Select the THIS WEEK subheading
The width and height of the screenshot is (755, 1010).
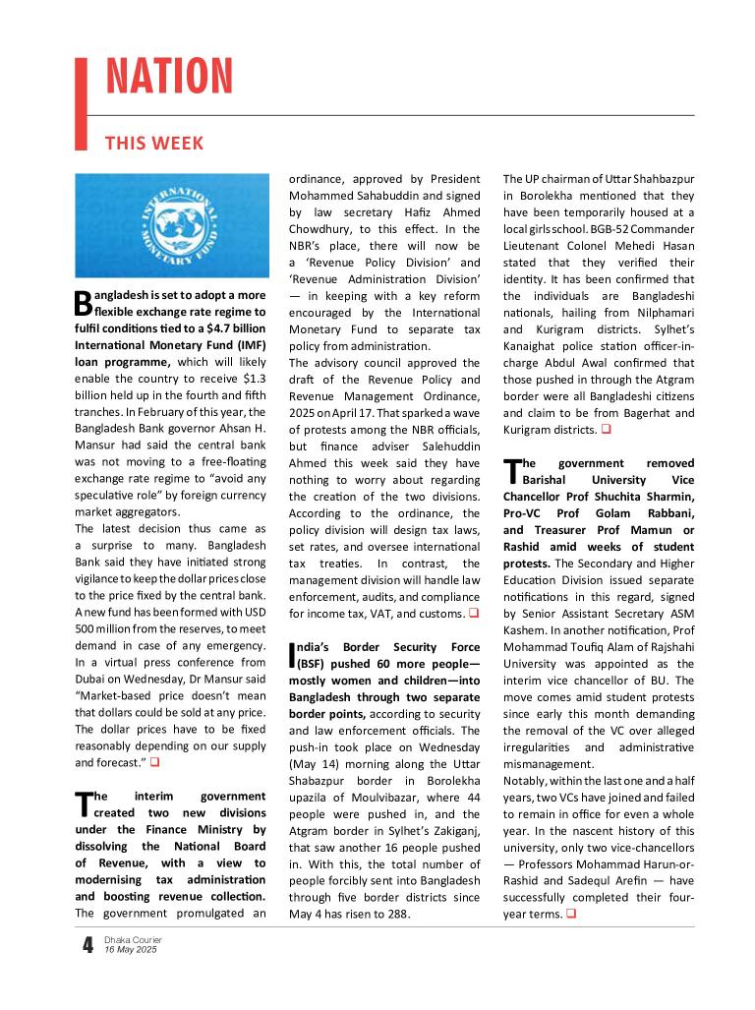(x=154, y=144)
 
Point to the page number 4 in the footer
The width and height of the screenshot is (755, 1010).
(x=87, y=945)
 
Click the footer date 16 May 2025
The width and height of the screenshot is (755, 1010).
(x=131, y=950)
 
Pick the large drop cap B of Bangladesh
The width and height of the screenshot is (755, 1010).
(x=83, y=303)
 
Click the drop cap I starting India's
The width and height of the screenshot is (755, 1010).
(x=292, y=656)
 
